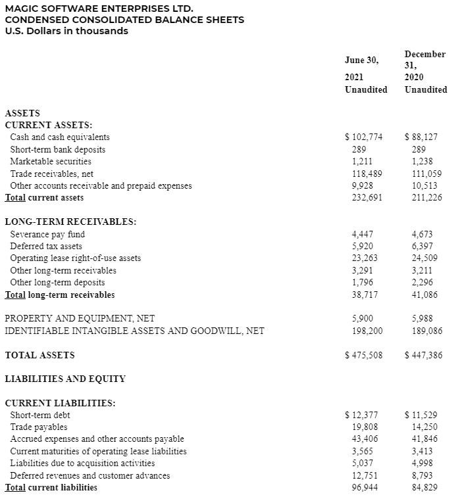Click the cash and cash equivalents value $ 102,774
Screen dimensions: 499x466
[x=364, y=137]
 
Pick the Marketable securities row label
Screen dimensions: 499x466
[x=51, y=161]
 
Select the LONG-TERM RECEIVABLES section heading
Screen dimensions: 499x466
[x=70, y=222]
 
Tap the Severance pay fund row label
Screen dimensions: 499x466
[x=47, y=234]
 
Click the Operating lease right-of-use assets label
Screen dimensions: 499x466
[x=75, y=258]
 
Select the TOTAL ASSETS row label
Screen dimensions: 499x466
[x=39, y=355]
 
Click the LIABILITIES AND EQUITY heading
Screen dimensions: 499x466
[x=65, y=379]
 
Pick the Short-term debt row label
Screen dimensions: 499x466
[x=40, y=415]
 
